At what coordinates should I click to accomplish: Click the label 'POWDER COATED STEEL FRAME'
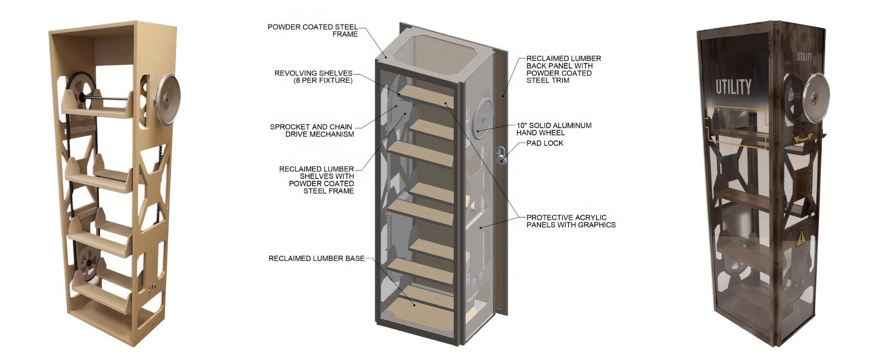click(x=313, y=30)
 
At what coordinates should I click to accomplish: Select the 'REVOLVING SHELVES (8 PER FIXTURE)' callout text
click(x=313, y=77)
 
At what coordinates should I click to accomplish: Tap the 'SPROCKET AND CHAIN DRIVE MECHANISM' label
click(x=312, y=130)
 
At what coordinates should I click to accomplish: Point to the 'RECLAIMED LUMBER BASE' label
click(x=316, y=258)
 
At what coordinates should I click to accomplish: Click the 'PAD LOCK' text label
click(x=545, y=143)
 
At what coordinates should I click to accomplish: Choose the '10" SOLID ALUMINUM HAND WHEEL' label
click(x=554, y=129)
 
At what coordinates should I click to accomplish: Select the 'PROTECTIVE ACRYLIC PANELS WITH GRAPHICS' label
click(x=570, y=221)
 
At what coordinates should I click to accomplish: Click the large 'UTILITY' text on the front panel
click(x=733, y=87)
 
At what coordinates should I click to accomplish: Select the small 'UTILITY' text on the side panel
click(x=804, y=57)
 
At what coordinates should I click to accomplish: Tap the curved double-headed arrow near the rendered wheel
click(x=803, y=139)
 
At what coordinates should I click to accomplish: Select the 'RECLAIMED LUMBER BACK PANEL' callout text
click(x=563, y=69)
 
